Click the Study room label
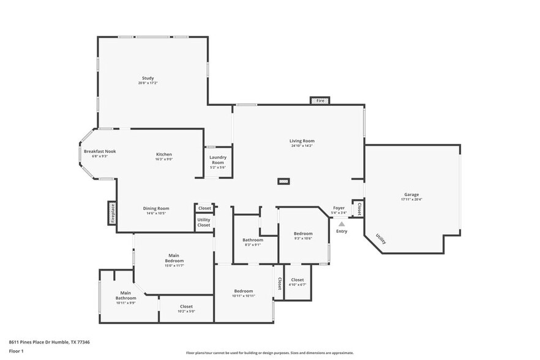[148, 78]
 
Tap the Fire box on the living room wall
[320, 100]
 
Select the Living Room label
[302, 141]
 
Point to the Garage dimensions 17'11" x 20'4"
[411, 199]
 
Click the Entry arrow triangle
[342, 224]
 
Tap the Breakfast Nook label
[100, 151]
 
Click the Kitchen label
[163, 154]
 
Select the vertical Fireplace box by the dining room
[113, 213]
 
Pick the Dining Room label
[156, 208]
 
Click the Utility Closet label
[204, 222]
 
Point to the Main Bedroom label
[174, 258]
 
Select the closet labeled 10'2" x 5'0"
[186, 309]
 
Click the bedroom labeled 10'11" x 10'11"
[244, 293]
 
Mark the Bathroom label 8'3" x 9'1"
[253, 242]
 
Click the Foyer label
[339, 208]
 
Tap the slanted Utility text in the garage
[381, 239]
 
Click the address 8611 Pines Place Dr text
[49, 342]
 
